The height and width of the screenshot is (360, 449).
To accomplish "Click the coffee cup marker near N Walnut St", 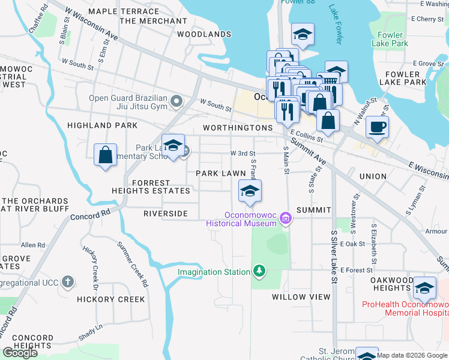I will (x=376, y=127).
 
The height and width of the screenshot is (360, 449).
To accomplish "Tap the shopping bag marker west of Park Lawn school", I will (x=106, y=155).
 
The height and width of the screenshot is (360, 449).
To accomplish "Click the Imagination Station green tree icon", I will (x=259, y=272).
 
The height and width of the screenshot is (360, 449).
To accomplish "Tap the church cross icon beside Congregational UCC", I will (x=68, y=281).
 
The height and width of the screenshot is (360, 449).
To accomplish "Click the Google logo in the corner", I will (x=20, y=353).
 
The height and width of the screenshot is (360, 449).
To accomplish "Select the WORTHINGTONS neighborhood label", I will (x=238, y=128).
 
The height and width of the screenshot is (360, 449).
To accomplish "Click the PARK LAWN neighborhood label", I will (x=221, y=173).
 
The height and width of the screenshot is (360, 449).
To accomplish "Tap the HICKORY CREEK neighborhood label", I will (x=110, y=299).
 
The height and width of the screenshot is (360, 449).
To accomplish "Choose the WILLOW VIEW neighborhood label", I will (x=301, y=297).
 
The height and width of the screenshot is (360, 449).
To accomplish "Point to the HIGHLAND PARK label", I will (x=102, y=125).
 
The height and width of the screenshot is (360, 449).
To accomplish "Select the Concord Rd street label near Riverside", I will (x=91, y=214).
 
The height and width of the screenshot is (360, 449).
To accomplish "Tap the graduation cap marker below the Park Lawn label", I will (x=250, y=191).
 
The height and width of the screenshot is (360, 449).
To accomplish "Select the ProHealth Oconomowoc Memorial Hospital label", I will (x=405, y=308).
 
